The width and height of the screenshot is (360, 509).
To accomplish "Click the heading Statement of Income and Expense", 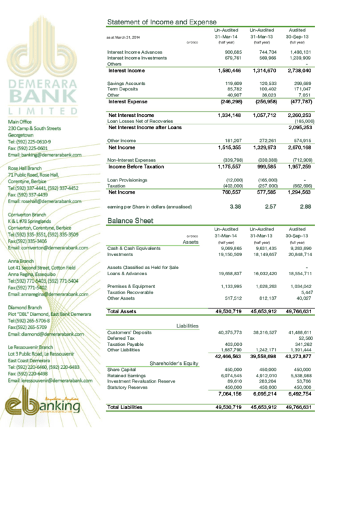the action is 158,22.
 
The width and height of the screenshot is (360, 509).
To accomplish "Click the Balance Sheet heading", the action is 130,221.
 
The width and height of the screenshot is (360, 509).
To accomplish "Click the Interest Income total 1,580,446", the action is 229,71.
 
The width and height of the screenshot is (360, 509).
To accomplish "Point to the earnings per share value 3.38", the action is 236,206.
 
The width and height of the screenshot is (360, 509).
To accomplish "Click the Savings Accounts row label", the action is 126,83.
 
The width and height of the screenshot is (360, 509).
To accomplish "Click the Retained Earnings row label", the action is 126,375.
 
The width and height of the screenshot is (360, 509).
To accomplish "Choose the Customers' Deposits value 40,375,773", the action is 229,332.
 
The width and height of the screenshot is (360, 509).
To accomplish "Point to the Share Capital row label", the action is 122,370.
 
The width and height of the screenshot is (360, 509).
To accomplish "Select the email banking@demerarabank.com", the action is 44,155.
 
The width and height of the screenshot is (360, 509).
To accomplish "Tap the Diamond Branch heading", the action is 26,308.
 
